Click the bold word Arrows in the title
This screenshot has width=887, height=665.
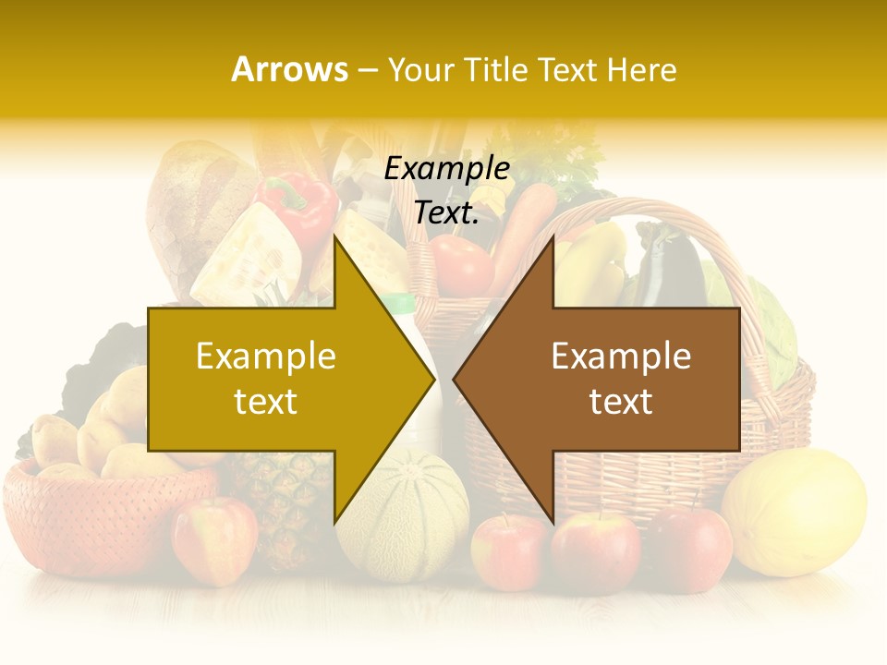(289, 69)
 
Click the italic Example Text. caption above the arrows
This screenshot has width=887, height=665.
(446, 190)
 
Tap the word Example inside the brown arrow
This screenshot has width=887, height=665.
(621, 357)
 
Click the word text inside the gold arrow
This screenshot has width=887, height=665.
(265, 402)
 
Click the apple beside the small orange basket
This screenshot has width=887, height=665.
(214, 539)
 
